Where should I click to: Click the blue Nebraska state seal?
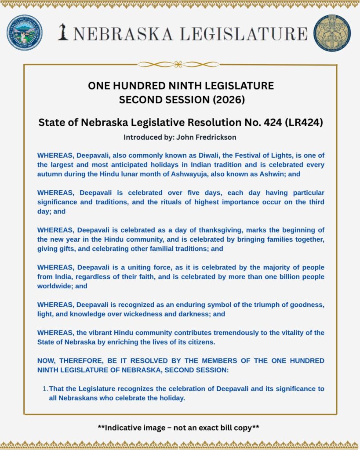[x=25, y=33]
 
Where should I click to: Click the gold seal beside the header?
[x=332, y=33]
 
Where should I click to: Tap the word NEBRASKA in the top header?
[x=122, y=33]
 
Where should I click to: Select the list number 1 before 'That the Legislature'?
[x=45, y=389]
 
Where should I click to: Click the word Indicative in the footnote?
[x=121, y=427]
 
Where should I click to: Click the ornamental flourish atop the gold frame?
[x=178, y=65]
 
